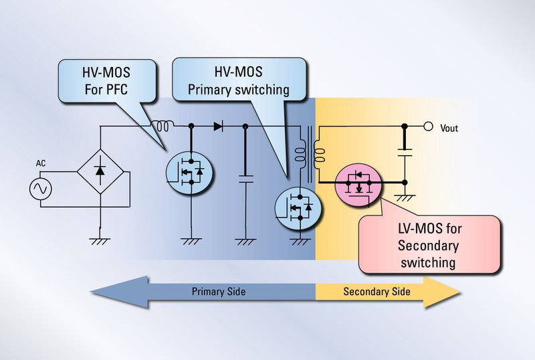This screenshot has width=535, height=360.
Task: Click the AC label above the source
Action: click(40, 163)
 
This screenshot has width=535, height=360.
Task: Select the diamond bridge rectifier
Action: click(100, 171)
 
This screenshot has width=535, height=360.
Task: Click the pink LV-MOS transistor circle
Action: click(361, 182)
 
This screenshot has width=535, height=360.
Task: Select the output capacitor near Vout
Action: click(404, 155)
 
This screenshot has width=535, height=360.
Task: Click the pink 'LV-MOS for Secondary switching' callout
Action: click(429, 244)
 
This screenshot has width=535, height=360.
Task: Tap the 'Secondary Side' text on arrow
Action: click(377, 292)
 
